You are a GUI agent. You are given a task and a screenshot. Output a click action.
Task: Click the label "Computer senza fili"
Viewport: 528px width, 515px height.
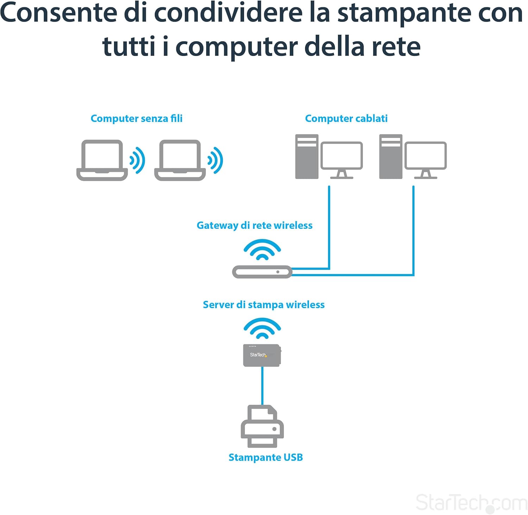[x=137, y=118]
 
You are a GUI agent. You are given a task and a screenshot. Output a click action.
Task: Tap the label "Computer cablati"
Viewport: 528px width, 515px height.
[x=346, y=118]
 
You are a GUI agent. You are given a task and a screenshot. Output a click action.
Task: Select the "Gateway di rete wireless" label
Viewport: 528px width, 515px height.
[x=254, y=225]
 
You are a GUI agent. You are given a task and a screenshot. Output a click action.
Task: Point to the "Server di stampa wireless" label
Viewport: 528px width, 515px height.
[x=264, y=304]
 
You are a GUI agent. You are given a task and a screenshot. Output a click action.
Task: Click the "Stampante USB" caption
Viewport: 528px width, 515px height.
[x=266, y=457]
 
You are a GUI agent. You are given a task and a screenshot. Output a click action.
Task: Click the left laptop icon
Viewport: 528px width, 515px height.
[x=102, y=160]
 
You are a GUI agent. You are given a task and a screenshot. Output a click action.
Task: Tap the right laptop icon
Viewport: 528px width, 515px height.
[x=180, y=160]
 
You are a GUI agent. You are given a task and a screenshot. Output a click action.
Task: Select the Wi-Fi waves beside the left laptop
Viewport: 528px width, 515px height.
[x=138, y=161]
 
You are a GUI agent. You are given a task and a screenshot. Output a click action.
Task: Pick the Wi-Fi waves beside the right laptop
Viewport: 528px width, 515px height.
[x=216, y=161]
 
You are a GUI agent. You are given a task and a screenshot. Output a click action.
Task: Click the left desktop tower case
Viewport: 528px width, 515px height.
[x=307, y=157]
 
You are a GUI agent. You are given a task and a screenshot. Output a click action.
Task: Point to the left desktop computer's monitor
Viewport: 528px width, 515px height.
[x=342, y=160]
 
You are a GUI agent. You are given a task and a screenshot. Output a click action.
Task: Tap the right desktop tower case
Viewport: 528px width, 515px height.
[x=391, y=157]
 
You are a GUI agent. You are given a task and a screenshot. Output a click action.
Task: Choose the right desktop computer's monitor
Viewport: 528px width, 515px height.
[x=426, y=160]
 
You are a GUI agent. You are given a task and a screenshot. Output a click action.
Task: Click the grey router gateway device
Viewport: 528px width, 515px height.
[x=262, y=272]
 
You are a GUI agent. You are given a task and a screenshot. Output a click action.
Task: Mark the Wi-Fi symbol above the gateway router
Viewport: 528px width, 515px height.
[x=262, y=250]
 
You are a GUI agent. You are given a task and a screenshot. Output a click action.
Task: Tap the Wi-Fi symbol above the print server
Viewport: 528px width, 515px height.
[x=262, y=328]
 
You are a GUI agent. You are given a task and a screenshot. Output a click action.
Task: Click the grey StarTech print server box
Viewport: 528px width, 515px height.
[x=262, y=355]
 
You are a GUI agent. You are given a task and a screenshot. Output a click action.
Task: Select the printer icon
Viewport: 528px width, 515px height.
[x=262, y=426]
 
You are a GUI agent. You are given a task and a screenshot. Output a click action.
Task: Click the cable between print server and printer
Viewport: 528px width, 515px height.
[x=262, y=386]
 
